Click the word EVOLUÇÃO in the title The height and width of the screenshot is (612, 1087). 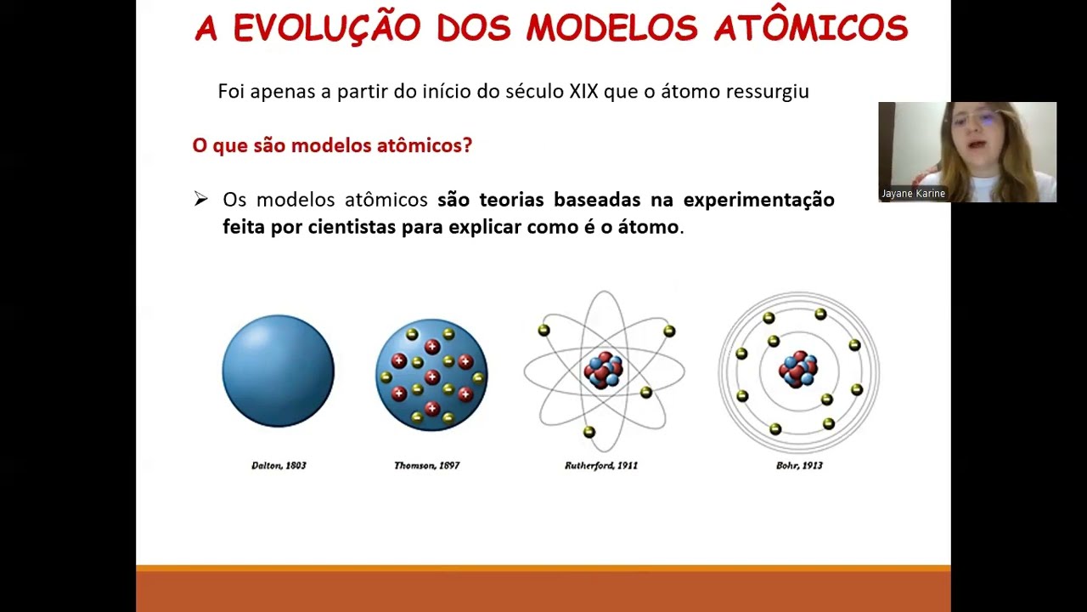coord(327,28)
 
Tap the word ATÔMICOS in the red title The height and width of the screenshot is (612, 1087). coord(811,28)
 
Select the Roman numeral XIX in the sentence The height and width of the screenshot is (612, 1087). coord(583,91)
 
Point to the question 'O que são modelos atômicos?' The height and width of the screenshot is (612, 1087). coord(332,145)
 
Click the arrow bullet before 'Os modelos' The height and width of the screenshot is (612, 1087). coord(200,199)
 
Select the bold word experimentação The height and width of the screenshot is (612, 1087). coord(758,200)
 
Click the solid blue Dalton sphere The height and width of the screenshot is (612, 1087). coord(278,371)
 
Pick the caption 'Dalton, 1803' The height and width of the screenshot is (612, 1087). coord(279,466)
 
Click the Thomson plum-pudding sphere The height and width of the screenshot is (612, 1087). coord(431,374)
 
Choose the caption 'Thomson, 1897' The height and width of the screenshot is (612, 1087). coord(426,466)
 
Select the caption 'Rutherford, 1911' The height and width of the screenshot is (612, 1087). coord(601,466)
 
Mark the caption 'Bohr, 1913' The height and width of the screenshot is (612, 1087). coord(799,466)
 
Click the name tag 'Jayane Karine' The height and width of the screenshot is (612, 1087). coord(913,194)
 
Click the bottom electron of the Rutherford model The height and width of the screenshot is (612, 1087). coord(589,433)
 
